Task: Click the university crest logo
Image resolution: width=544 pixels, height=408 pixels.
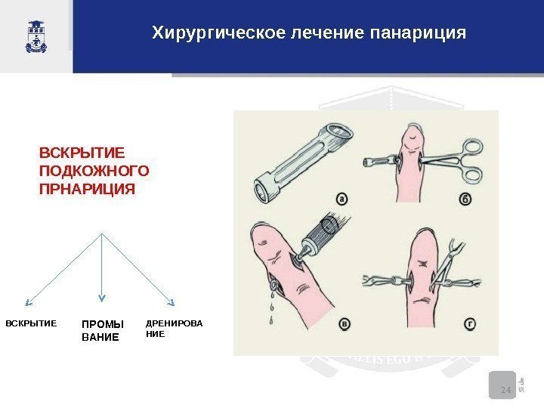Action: coord(36,36)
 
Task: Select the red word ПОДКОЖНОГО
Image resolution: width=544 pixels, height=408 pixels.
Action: coord(94,170)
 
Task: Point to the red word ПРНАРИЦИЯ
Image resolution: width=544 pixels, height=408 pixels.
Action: coord(86,187)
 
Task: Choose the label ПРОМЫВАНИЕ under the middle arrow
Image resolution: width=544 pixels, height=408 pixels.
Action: coord(101,330)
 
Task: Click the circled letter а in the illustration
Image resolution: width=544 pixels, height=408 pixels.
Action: coord(342,199)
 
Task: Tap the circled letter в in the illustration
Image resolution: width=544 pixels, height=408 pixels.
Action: coord(345,324)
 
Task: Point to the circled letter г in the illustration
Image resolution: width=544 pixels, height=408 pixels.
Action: coord(470,324)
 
